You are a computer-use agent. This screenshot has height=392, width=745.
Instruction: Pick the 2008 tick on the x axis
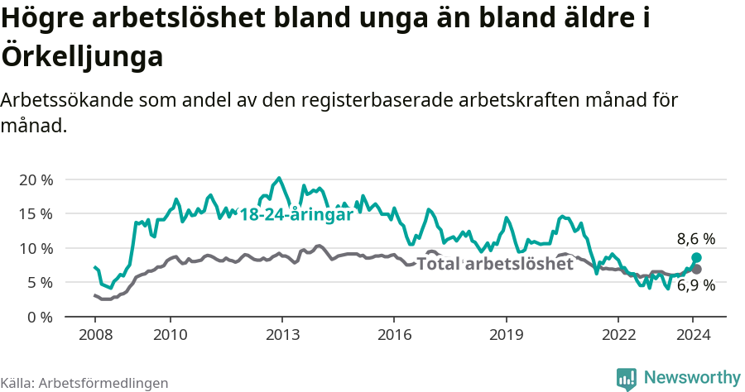95,335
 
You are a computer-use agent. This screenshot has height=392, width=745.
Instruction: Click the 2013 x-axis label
282,335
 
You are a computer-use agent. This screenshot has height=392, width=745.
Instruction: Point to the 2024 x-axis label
694,335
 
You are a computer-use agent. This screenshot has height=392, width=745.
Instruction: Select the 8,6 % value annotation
695,239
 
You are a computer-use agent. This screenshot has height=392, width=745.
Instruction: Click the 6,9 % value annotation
695,286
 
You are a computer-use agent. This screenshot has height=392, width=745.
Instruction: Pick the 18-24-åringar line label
296,213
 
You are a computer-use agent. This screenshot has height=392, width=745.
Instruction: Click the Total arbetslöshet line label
495,264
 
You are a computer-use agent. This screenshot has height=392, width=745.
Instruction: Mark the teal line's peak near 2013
279,178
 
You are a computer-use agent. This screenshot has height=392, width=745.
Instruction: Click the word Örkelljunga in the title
81,57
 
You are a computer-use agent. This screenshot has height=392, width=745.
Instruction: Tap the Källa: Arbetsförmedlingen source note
84,383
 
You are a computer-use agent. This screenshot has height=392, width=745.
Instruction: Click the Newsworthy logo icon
627,378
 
